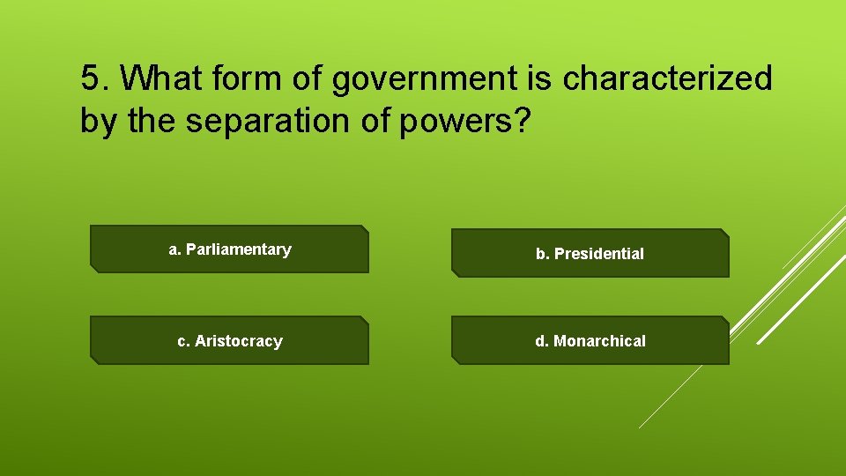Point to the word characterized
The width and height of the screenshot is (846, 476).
[x=667, y=79]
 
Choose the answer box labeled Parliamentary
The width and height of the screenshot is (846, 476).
[x=229, y=249]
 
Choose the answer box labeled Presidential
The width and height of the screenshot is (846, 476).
[x=590, y=254]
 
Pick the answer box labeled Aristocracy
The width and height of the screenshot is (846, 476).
[x=229, y=340]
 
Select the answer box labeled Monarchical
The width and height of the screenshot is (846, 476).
[x=590, y=340]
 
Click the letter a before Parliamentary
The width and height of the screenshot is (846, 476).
[x=174, y=249]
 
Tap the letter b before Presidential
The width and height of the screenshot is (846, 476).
[x=541, y=254]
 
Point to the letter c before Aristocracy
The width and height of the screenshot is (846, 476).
[x=182, y=341]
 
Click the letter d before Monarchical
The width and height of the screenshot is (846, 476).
[x=540, y=340]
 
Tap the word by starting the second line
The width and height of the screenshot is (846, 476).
[x=100, y=122]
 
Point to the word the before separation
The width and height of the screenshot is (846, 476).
[x=152, y=122]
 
